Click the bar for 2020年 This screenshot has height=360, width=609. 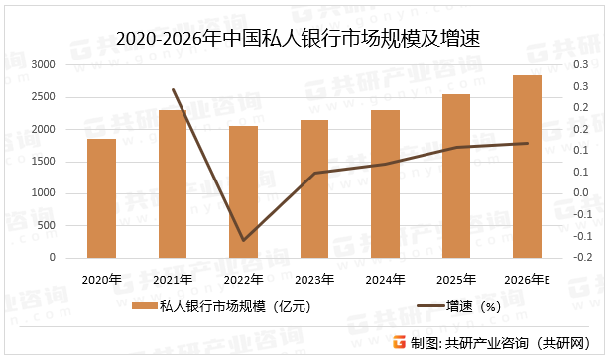100,198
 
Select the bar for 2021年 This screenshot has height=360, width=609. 172,183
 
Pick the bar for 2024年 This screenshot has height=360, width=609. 386,183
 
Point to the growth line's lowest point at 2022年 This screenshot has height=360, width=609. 243,240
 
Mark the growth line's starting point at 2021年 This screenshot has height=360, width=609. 173,89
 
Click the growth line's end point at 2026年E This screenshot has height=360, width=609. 528,143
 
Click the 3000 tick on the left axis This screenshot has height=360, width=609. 44,64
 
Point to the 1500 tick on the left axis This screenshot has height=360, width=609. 44,161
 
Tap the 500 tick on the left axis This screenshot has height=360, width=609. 47,225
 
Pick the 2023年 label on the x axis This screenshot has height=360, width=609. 314,280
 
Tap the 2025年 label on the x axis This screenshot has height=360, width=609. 456,280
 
